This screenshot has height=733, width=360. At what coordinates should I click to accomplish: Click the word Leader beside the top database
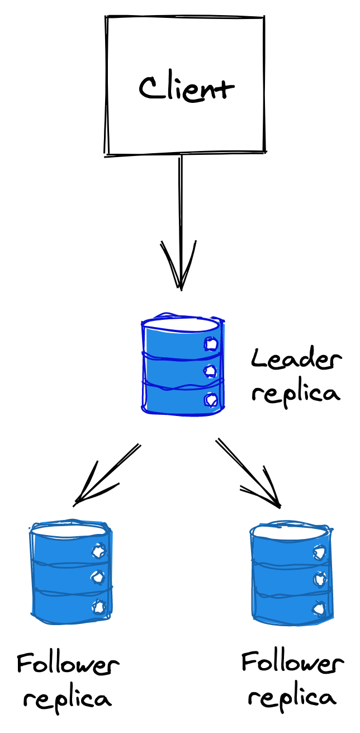pos(296,360)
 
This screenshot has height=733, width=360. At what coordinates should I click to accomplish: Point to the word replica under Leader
pos(296,393)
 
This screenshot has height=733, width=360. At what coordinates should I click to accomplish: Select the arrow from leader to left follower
pos(106,474)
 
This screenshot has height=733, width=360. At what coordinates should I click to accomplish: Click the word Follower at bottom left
pos(68,665)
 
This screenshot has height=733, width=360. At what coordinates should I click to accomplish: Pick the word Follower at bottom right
pos(292,663)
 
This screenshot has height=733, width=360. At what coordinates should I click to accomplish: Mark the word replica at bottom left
pos(68,699)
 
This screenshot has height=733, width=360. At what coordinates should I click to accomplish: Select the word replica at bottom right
pos(292,698)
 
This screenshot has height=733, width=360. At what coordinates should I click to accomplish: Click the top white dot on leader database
pos(211,344)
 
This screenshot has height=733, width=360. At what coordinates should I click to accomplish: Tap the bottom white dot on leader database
pos(211,399)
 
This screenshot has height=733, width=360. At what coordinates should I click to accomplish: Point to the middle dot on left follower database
pos(98,577)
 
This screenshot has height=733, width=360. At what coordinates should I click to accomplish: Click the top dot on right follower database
pos(319,552)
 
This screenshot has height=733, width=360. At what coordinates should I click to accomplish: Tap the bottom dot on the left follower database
pos(99,606)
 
